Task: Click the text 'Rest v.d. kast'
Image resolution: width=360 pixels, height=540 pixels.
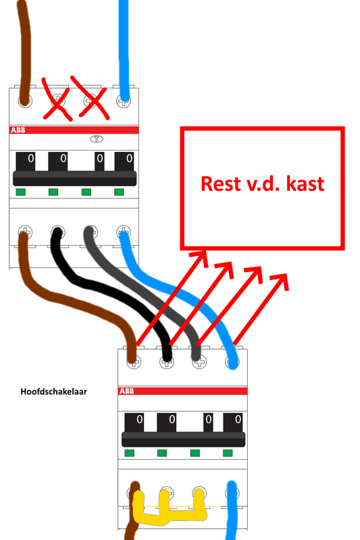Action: tap(262, 183)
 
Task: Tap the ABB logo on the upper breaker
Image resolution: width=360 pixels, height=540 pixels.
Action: tap(19, 130)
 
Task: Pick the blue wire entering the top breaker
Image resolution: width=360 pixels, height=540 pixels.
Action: tap(124, 40)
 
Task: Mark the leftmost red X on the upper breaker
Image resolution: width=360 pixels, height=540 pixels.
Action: tap(58, 99)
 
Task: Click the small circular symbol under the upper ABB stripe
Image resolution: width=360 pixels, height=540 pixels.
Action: tap(96, 140)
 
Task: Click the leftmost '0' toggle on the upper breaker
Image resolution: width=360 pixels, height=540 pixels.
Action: tap(28, 160)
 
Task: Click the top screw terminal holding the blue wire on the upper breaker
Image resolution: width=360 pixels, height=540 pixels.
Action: tap(124, 100)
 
